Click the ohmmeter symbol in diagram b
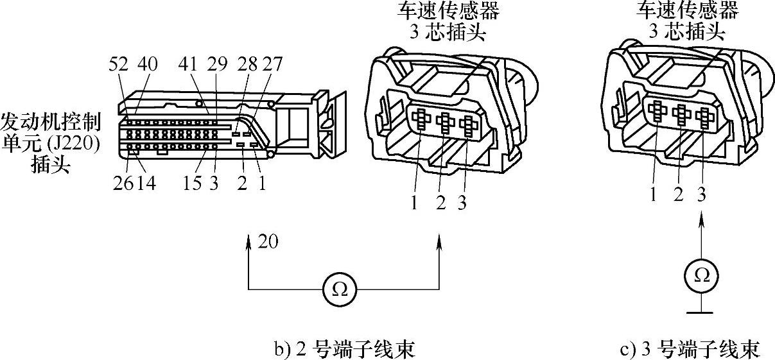coord(340,289)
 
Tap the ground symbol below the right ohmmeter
coord(702,312)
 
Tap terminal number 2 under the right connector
coord(679,194)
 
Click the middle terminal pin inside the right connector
coord(680,115)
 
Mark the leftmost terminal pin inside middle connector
coord(421,120)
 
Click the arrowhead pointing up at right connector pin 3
coord(702,221)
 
